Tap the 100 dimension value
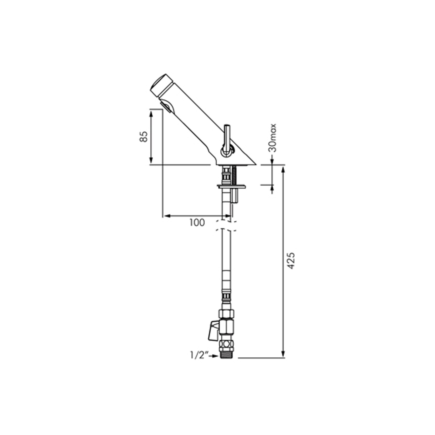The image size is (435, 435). [x=197, y=222]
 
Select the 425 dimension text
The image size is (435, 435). [x=291, y=260]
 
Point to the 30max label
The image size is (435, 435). [x=273, y=138]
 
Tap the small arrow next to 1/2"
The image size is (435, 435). [x=214, y=356]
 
